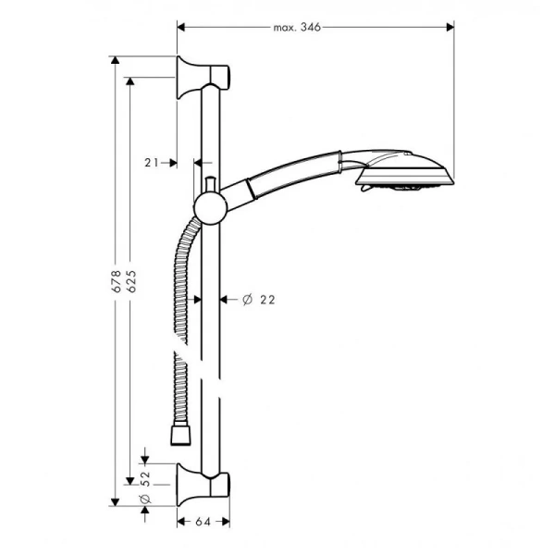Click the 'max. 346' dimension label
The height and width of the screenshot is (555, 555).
pos(296,28)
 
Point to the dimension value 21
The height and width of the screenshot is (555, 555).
pos(154,162)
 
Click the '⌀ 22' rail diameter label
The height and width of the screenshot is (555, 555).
pos(259,299)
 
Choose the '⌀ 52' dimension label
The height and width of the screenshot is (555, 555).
pos(145,488)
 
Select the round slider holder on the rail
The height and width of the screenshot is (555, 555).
pos(210,207)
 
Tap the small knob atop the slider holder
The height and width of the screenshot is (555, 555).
pos(211,183)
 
